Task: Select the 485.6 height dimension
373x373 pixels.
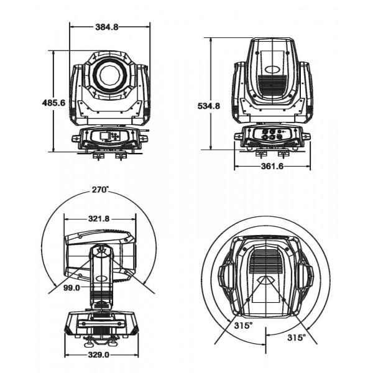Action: tap(53, 103)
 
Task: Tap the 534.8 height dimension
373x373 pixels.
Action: tap(209, 106)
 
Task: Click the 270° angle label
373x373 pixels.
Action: tap(99, 189)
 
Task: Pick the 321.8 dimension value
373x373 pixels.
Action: tap(99, 219)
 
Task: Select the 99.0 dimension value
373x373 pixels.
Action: tap(71, 288)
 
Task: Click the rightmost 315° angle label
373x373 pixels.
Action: tap(296, 337)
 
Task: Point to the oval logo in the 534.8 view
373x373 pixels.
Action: tap(272, 70)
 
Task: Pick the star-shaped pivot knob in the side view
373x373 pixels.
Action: tap(102, 251)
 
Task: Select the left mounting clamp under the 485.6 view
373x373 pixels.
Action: tap(98, 154)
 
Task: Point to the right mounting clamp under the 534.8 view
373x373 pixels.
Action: tap(283, 153)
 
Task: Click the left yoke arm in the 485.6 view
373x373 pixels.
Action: tap(76, 93)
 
